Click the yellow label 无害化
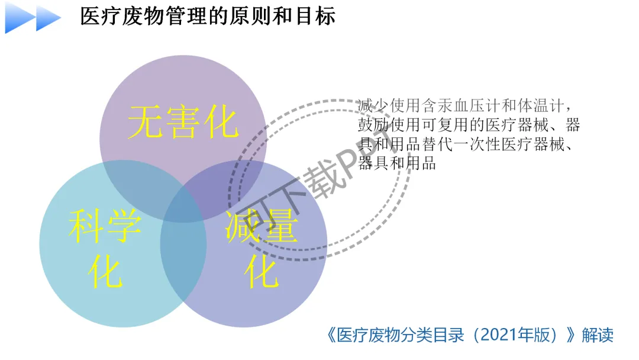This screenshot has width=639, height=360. pos(183,123)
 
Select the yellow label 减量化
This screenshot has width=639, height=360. pos(261,249)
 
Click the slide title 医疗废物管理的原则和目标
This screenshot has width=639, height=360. pos(208,16)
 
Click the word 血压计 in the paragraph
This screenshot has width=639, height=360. pos(468,106)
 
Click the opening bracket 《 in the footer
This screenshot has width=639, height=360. pos(331,335)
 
